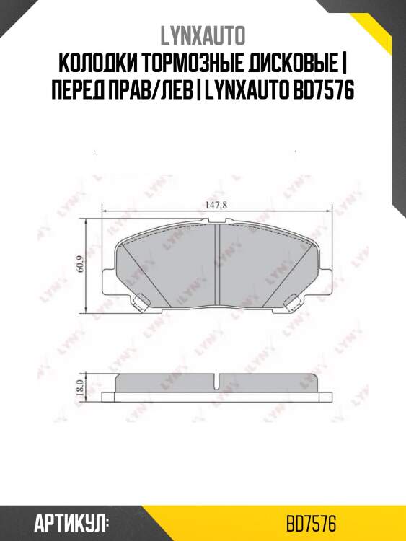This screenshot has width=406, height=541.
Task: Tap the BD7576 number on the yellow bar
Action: [x=311, y=522]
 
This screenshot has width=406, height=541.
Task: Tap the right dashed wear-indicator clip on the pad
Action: [x=293, y=303]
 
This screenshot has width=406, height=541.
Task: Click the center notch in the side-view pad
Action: [x=217, y=379]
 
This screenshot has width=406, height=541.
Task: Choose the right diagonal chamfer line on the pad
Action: [x=302, y=270]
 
